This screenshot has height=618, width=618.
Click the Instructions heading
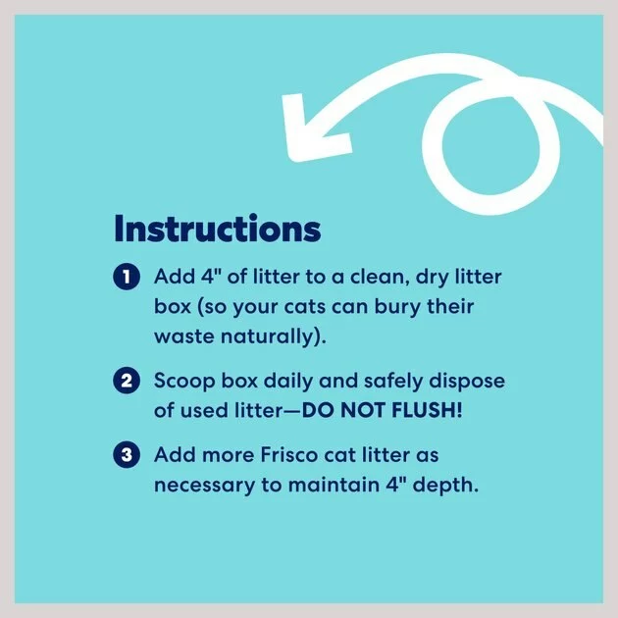[217, 229]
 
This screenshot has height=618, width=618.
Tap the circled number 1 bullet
[127, 277]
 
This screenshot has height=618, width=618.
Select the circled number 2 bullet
[127, 381]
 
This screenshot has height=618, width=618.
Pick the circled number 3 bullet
[127, 455]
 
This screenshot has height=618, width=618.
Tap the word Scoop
[184, 382]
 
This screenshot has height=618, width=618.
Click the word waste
[184, 337]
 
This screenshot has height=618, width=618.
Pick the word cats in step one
[305, 308]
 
